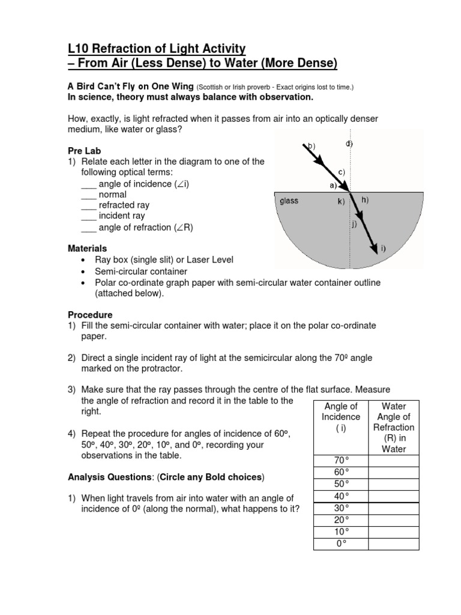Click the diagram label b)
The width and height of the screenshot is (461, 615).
(310, 146)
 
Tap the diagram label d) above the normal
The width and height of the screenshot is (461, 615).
(349, 144)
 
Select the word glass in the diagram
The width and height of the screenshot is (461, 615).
(289, 201)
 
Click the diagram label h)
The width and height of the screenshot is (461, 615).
(364, 199)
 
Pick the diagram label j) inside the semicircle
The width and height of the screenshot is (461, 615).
(354, 225)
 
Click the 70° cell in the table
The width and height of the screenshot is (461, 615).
(341, 461)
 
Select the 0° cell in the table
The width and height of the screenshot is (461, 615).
(341, 544)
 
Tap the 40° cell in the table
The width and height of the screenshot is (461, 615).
(341, 496)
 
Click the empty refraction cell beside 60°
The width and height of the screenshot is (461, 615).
(393, 472)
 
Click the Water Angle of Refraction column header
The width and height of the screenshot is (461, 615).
(393, 428)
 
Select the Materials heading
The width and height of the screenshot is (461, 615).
(88, 248)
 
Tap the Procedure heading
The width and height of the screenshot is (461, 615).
(90, 315)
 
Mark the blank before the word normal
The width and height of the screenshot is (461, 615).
(88, 195)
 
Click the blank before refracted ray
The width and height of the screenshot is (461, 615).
(88, 206)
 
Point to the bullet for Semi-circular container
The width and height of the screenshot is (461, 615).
(82, 271)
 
